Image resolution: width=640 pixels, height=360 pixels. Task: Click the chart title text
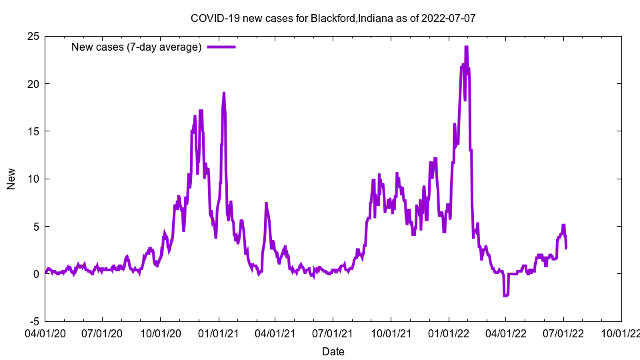tap(333, 18)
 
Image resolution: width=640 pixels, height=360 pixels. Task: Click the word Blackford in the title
tap(333, 18)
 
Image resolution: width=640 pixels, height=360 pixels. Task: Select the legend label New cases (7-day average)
tap(137, 47)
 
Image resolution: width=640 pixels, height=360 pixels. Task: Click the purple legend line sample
tap(221, 47)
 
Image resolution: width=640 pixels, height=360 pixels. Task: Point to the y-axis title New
tap(11, 179)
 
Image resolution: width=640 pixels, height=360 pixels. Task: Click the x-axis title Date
tap(333, 351)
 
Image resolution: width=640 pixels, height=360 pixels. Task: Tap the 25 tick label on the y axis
tap(32, 36)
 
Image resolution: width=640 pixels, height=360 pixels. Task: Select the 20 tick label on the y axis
tap(32, 83)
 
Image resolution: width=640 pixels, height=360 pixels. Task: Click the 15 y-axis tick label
tap(32, 131)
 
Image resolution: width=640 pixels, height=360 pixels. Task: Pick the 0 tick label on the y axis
tap(35, 274)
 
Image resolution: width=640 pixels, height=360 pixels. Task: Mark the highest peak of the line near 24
tap(467, 47)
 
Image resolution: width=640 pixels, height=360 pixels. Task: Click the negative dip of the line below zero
tap(506, 295)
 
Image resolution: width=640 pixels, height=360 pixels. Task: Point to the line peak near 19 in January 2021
tap(224, 93)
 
